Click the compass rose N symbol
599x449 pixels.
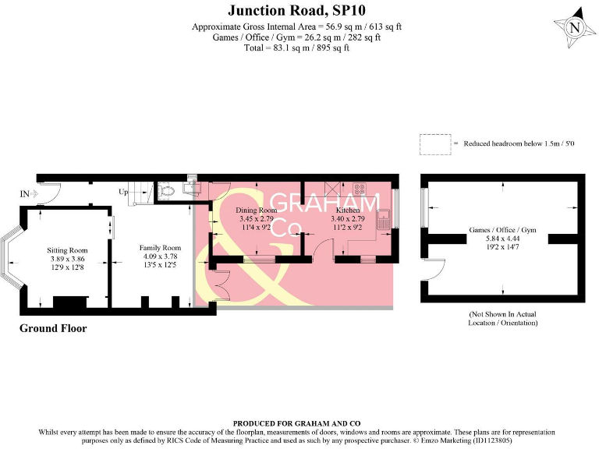575,27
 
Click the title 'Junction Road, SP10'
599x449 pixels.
299,10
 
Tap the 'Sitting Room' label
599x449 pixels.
68,250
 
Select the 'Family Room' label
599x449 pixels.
160,248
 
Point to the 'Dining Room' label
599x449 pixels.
257,210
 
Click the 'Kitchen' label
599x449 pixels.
347,210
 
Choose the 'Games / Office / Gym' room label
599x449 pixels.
502,231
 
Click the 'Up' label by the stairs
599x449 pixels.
122,191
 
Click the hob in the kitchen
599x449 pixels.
360,188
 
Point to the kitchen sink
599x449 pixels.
384,219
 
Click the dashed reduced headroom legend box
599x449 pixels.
434,143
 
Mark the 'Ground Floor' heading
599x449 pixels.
53,329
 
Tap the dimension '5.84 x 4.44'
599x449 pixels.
502,240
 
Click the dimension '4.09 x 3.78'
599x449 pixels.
160,256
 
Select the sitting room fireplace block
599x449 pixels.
65,302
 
